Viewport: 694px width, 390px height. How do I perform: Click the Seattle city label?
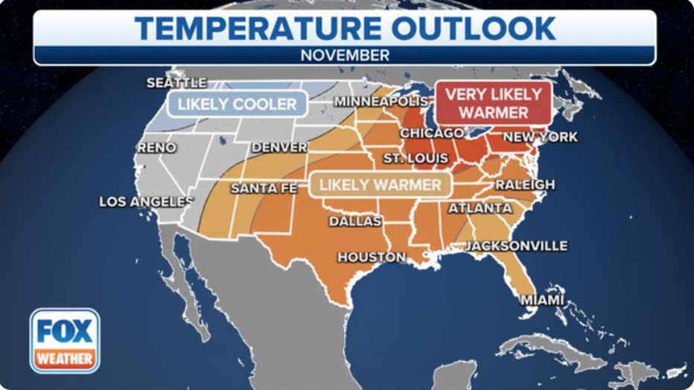[176, 83]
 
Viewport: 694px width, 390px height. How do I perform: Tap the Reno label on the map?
[157, 148]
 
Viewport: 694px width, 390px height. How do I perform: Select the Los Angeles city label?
[146, 202]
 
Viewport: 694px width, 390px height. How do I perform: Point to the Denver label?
[279, 147]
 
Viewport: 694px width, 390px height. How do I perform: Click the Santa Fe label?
[264, 188]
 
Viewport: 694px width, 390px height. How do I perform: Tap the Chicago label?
[432, 133]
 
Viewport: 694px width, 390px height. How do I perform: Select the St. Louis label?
[416, 159]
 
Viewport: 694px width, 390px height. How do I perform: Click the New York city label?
[541, 137]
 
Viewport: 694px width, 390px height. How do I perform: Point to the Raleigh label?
[525, 185]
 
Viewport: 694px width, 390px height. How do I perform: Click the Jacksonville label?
[516, 246]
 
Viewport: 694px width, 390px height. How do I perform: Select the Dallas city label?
[355, 221]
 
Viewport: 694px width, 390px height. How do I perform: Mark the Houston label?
[372, 258]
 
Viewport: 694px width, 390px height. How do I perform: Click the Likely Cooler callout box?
[238, 104]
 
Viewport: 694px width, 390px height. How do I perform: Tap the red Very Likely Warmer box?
[494, 103]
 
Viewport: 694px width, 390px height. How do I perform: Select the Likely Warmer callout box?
[381, 185]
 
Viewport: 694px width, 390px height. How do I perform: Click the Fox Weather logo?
[65, 340]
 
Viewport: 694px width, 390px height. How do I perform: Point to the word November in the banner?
[345, 55]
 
